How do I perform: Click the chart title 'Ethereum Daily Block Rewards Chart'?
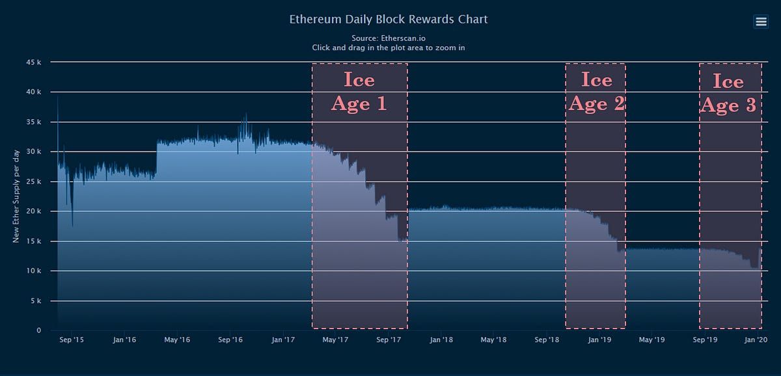click(389, 19)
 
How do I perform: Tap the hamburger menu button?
click(761, 22)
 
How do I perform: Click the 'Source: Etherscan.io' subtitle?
click(389, 38)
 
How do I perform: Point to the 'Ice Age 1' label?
click(359, 92)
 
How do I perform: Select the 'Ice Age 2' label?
click(596, 92)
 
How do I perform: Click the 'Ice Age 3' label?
click(728, 93)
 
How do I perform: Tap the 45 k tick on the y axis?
click(34, 62)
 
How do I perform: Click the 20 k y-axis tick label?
click(34, 211)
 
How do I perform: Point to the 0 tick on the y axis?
click(38, 330)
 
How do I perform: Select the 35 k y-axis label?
click(34, 122)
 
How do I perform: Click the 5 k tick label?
click(36, 301)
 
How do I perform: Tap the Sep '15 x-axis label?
click(71, 340)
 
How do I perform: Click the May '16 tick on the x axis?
click(176, 340)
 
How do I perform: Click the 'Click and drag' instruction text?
click(389, 47)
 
